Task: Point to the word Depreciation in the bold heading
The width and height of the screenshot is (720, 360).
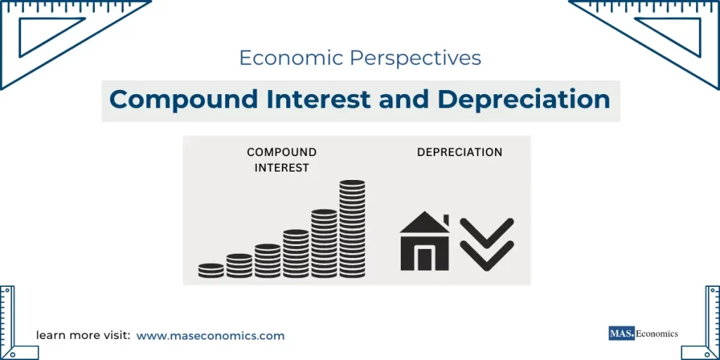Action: [x=524, y=100]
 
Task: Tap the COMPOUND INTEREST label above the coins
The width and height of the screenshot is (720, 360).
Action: [x=281, y=160]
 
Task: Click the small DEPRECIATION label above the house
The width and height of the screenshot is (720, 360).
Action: [x=459, y=152]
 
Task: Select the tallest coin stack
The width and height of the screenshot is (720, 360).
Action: [x=352, y=229]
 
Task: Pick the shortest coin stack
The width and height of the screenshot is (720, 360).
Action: [x=211, y=270]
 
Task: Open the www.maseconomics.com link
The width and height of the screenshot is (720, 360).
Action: [x=210, y=336]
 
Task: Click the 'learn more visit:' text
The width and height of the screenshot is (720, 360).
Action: [x=83, y=336]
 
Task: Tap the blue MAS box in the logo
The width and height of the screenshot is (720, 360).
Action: [x=621, y=333]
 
